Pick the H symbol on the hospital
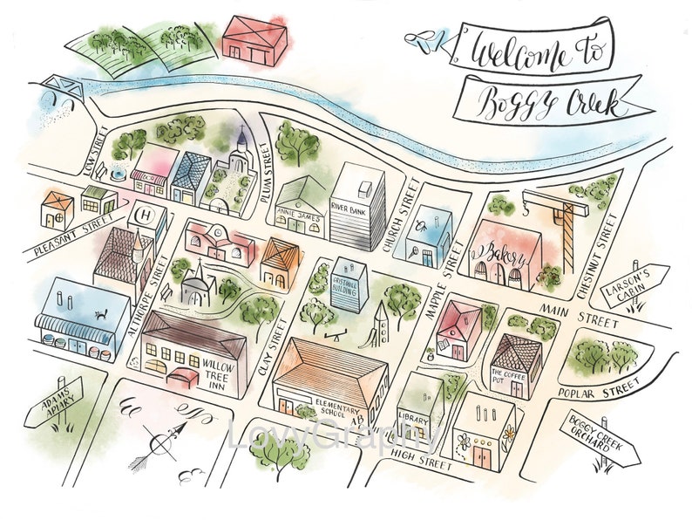[x=144, y=214]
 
